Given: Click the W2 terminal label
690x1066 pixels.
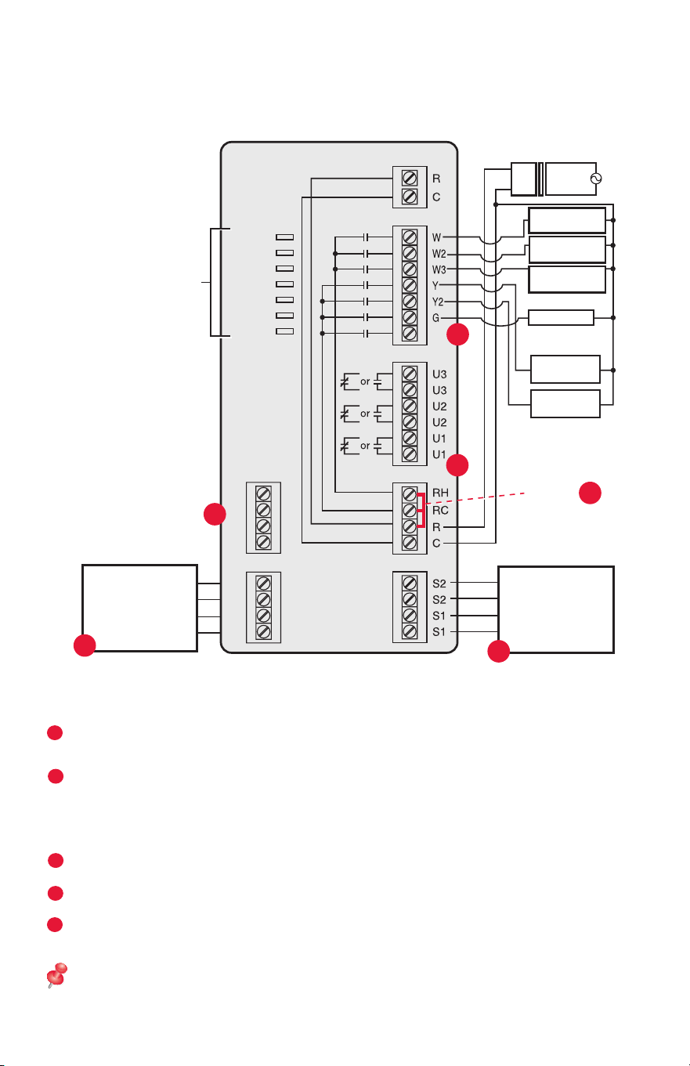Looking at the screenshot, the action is coord(439,254).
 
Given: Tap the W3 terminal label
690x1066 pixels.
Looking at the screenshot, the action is coord(439,270).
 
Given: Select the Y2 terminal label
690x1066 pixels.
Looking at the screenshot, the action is coord(438,302).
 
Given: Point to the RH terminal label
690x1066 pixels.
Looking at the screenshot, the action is coord(440,493).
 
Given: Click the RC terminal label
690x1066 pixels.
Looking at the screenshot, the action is coord(440,510).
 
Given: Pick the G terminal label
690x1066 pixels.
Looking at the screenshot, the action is coord(436,318).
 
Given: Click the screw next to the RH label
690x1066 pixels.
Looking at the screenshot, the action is coord(410,494).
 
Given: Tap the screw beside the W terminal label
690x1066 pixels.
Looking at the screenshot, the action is coord(410,237).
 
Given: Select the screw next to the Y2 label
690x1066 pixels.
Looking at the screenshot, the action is coord(410,302).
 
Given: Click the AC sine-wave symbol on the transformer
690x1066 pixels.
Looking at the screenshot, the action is coord(596,179).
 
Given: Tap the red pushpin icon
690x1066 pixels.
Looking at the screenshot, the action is coord(56,975).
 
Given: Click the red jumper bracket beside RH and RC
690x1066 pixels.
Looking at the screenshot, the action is coord(421,511).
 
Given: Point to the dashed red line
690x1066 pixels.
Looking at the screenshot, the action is coord(475,498).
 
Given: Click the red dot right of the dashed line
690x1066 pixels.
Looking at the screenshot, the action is coord(590,493).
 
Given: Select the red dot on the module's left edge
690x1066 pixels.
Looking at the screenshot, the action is coord(215,514).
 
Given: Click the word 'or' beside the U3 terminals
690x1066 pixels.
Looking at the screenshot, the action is coord(365,381).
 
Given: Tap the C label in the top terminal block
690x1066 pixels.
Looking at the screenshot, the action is coord(436,197).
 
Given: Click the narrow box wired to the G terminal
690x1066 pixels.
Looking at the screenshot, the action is coord(561,317).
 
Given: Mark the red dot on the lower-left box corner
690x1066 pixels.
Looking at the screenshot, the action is coord(85,645).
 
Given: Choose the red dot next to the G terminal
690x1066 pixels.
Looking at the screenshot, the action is coord(457,334).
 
